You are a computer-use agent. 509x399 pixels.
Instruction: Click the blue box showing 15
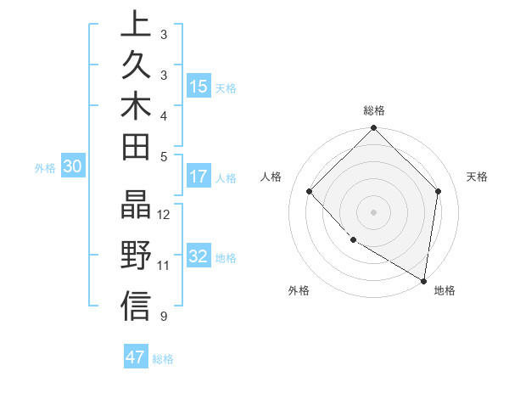tap(199, 86)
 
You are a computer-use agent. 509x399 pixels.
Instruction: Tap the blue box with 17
tap(199, 177)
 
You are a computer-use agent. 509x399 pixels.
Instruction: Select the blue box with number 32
tap(199, 256)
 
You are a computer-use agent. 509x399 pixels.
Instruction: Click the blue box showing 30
tap(73, 167)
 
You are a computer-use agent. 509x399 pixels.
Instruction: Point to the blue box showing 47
tap(136, 357)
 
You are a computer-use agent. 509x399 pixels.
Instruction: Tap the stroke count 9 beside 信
tap(163, 318)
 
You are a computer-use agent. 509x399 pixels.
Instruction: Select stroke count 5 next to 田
tap(163, 155)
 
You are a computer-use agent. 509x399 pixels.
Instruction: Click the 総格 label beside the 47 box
tap(164, 359)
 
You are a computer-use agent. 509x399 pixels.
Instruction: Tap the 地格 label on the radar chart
tap(445, 290)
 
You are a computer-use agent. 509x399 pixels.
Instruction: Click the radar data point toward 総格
tap(373, 129)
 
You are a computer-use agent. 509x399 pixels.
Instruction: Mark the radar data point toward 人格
tap(310, 192)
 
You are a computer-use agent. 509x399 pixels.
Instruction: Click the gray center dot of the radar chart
tap(373, 212)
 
